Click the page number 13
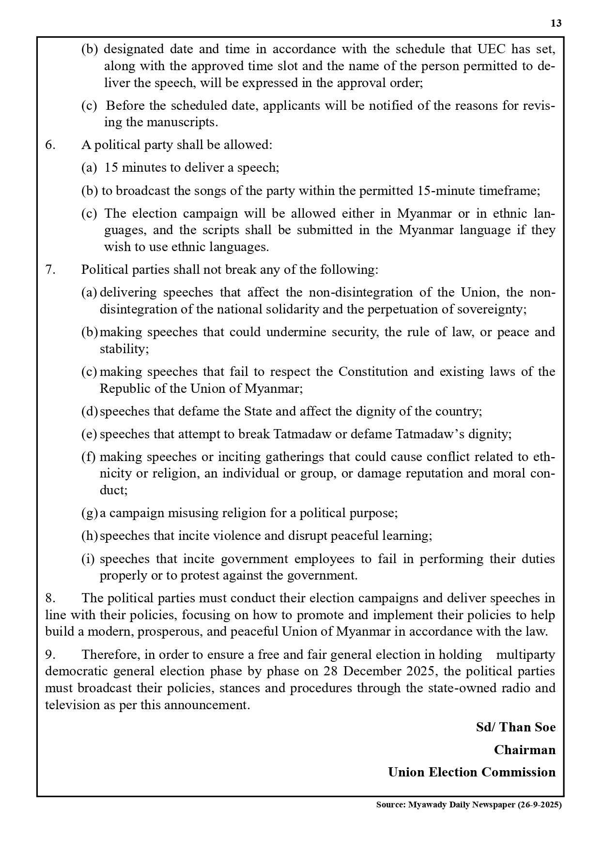[556, 23]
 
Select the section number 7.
[50, 270]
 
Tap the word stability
[123, 349]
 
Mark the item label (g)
[89, 513]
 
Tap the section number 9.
[50, 655]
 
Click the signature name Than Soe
[527, 728]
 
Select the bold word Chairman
[524, 750]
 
